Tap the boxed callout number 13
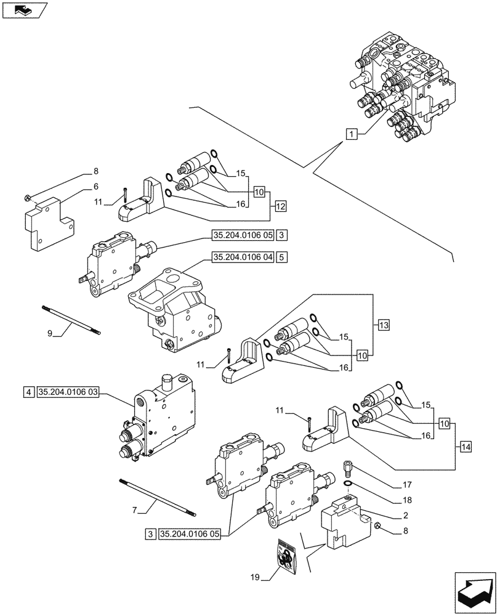click(383, 325)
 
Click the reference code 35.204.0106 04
click(242, 257)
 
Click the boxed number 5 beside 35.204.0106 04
click(281, 257)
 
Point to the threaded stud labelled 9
click(71, 320)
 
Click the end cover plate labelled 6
click(49, 221)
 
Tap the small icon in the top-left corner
click(23, 10)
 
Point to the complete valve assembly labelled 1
click(403, 80)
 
